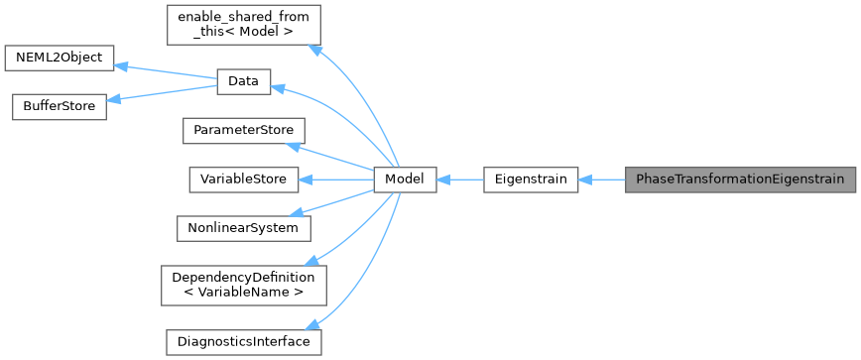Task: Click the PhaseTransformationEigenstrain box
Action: point(739,180)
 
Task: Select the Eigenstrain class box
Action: point(530,180)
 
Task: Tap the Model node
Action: point(404,180)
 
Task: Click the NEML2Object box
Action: point(60,58)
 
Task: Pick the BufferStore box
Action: point(59,107)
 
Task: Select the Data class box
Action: point(243,83)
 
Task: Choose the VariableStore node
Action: point(243,180)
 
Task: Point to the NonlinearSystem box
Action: point(243,228)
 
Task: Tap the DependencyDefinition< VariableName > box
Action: point(243,285)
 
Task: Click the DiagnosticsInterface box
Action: point(243,341)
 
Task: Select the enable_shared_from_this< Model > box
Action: point(243,25)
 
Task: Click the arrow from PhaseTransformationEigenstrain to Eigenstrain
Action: point(601,180)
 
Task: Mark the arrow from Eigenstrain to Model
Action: point(458,180)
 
